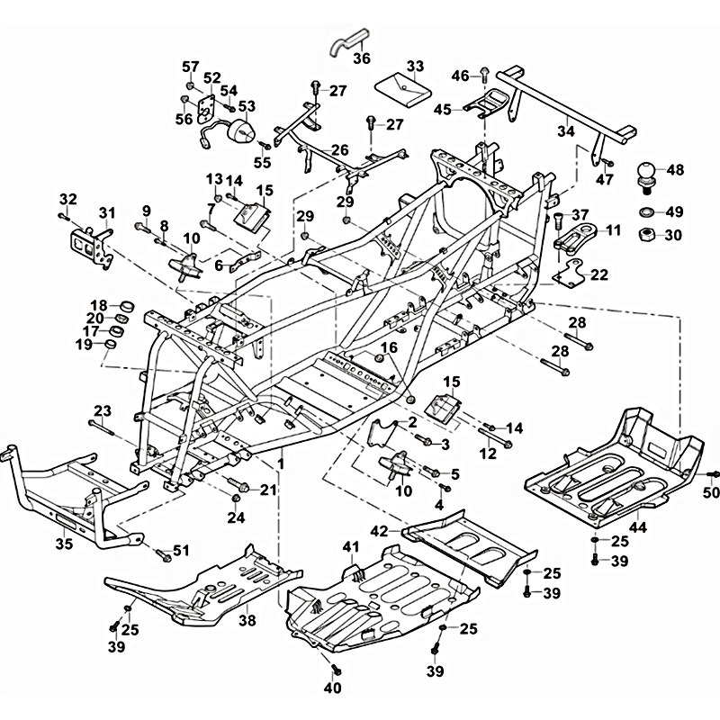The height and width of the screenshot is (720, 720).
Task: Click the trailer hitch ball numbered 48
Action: click(646, 173)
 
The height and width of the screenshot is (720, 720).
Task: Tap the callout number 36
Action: click(361, 58)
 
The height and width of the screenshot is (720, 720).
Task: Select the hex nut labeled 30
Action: click(646, 236)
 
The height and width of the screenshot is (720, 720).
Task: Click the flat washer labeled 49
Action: click(646, 212)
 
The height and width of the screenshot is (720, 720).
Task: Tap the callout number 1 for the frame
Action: click(281, 462)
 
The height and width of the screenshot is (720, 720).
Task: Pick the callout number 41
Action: click(350, 546)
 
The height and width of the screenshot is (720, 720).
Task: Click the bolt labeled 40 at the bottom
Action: click(337, 669)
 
